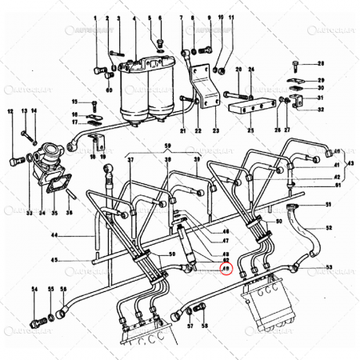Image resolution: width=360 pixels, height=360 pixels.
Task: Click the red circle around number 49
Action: [226, 270]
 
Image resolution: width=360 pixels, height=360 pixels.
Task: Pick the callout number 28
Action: [321, 63]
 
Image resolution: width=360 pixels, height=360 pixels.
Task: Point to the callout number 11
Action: [231, 17]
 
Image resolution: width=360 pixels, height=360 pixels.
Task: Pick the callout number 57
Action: [190, 327]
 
